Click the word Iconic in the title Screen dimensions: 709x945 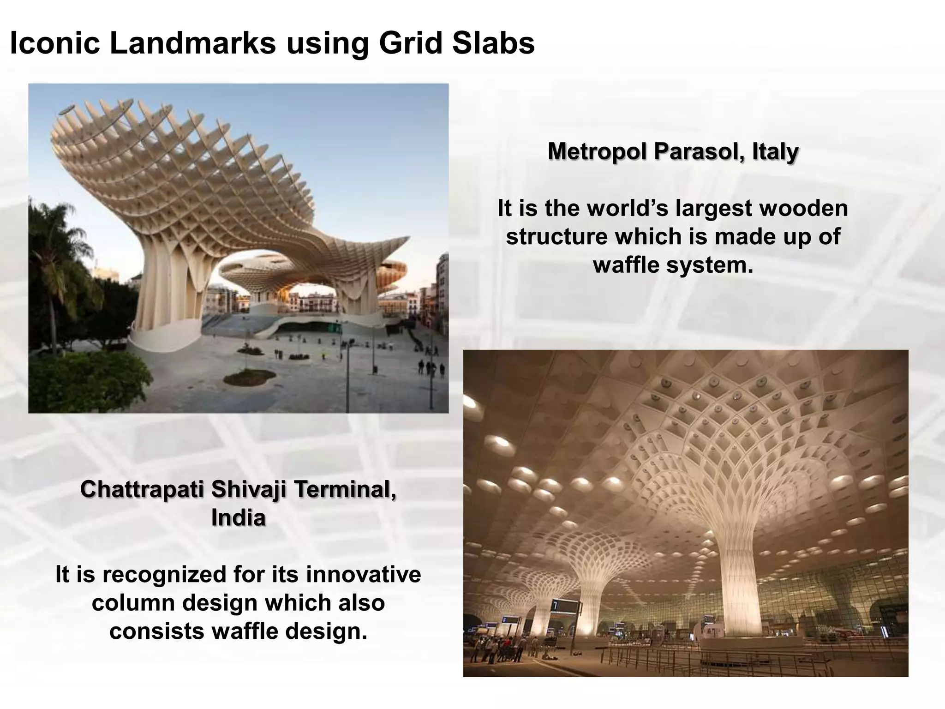tap(54, 44)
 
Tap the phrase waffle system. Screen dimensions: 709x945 tap(673, 265)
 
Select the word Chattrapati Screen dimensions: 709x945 tap(142, 489)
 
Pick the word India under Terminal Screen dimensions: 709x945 tap(238, 518)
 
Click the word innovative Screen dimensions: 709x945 tap(363, 575)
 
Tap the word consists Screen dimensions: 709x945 tap(157, 631)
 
